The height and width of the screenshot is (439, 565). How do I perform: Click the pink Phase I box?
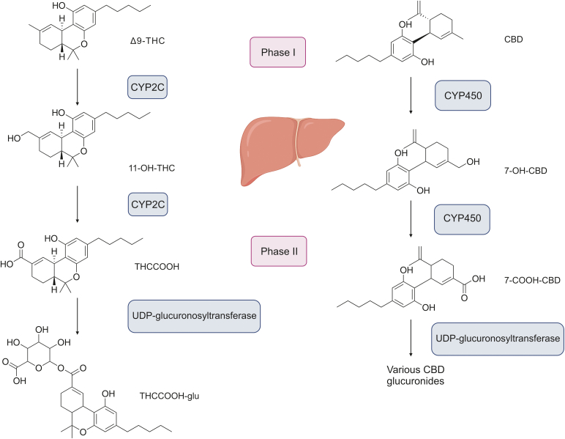pyautogui.click(x=277, y=51)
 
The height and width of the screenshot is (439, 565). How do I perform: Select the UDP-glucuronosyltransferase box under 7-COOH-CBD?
pyautogui.click(x=497, y=338)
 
